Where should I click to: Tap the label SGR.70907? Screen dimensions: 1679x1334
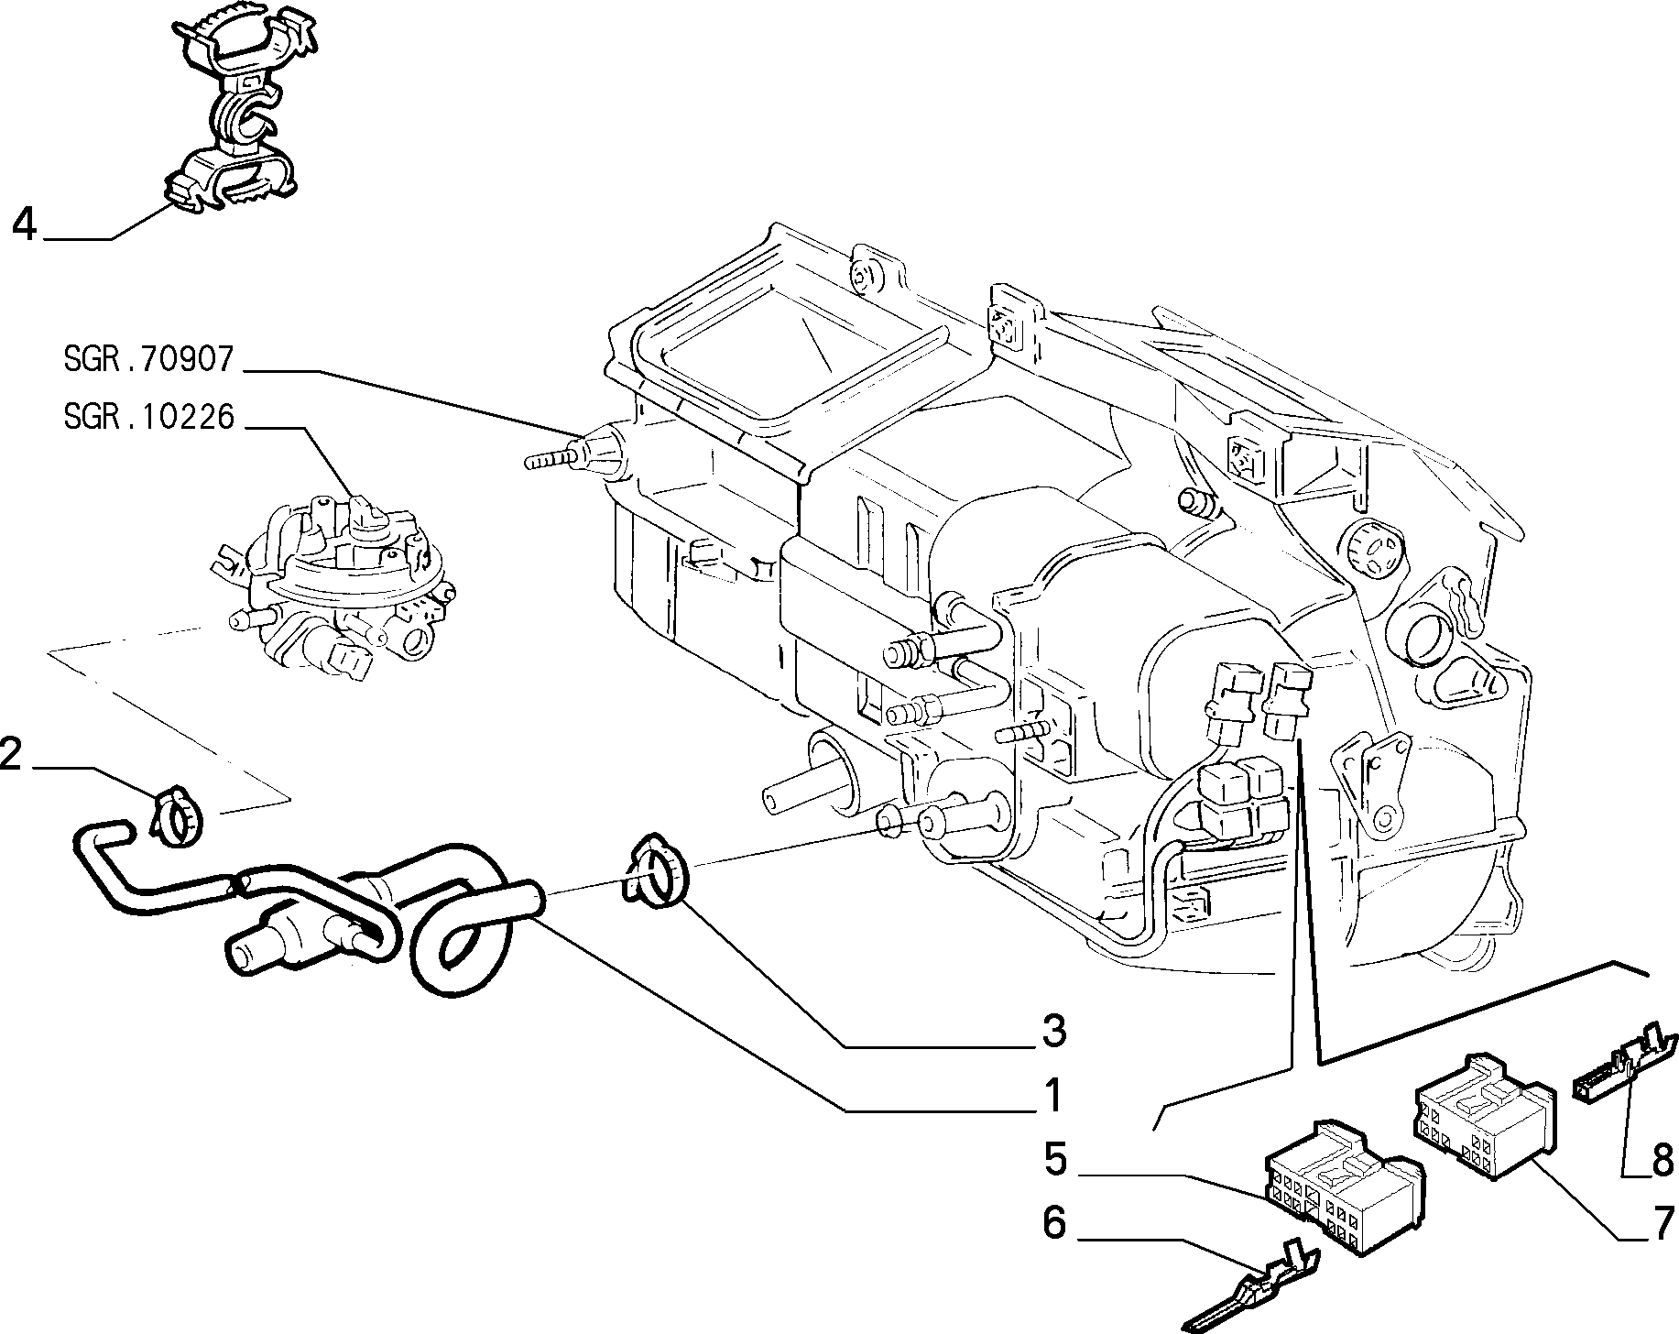(149, 359)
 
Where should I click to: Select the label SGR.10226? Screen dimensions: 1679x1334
(149, 417)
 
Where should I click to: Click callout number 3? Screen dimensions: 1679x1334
(1054, 1032)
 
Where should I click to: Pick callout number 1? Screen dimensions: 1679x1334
(1054, 1096)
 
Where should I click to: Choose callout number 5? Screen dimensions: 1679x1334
(1055, 1161)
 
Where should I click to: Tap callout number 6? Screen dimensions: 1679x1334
(1055, 1223)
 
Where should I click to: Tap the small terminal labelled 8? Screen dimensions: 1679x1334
(1622, 1063)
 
